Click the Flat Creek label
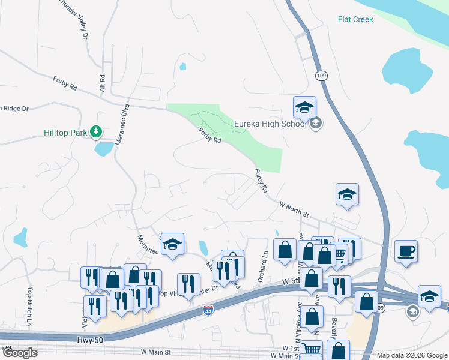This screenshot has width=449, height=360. click(355, 19)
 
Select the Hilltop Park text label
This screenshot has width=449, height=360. click(66, 132)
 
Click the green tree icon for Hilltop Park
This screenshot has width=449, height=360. click(95, 131)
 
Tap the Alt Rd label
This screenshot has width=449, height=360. click(103, 83)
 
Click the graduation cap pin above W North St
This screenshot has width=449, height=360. click(347, 194)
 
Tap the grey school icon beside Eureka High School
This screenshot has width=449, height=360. click(316, 124)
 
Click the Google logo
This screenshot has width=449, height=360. click(19, 353)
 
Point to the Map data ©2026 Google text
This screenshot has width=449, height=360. click(411, 355)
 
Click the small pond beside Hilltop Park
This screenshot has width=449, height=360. click(103, 148)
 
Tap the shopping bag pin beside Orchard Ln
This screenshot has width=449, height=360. click(285, 250)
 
